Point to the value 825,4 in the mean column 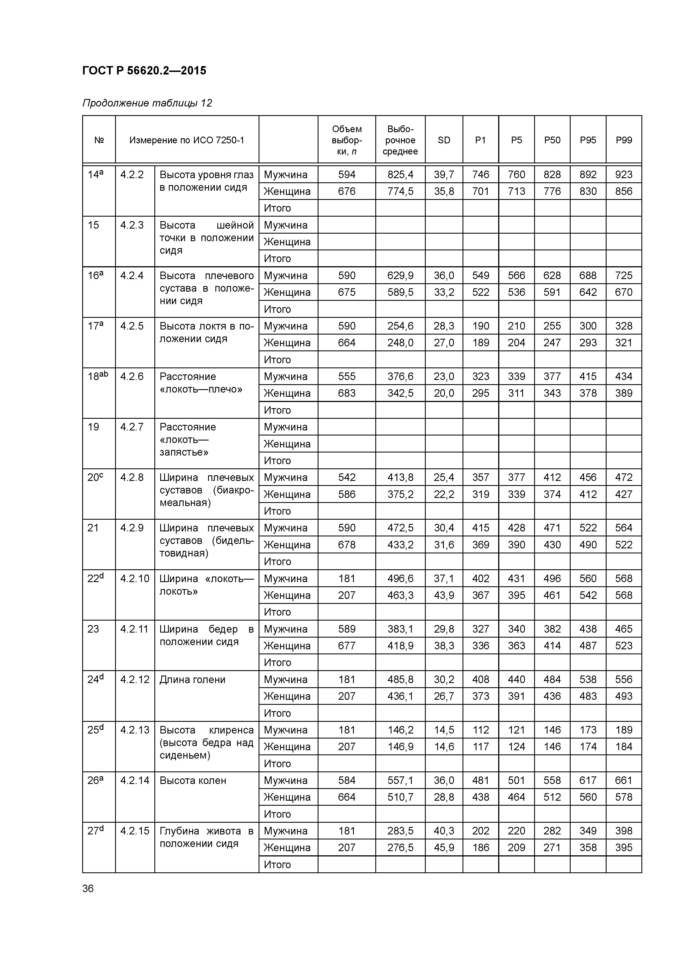tap(400, 175)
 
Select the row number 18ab tap(98, 376)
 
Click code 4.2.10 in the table tap(135, 578)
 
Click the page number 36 tap(88, 889)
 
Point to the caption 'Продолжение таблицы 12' tap(147, 103)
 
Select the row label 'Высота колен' tap(193, 780)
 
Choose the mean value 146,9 tap(400, 747)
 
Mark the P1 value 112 tap(480, 730)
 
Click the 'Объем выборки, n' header tap(347, 140)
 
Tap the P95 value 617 tap(588, 780)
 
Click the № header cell tap(99, 140)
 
